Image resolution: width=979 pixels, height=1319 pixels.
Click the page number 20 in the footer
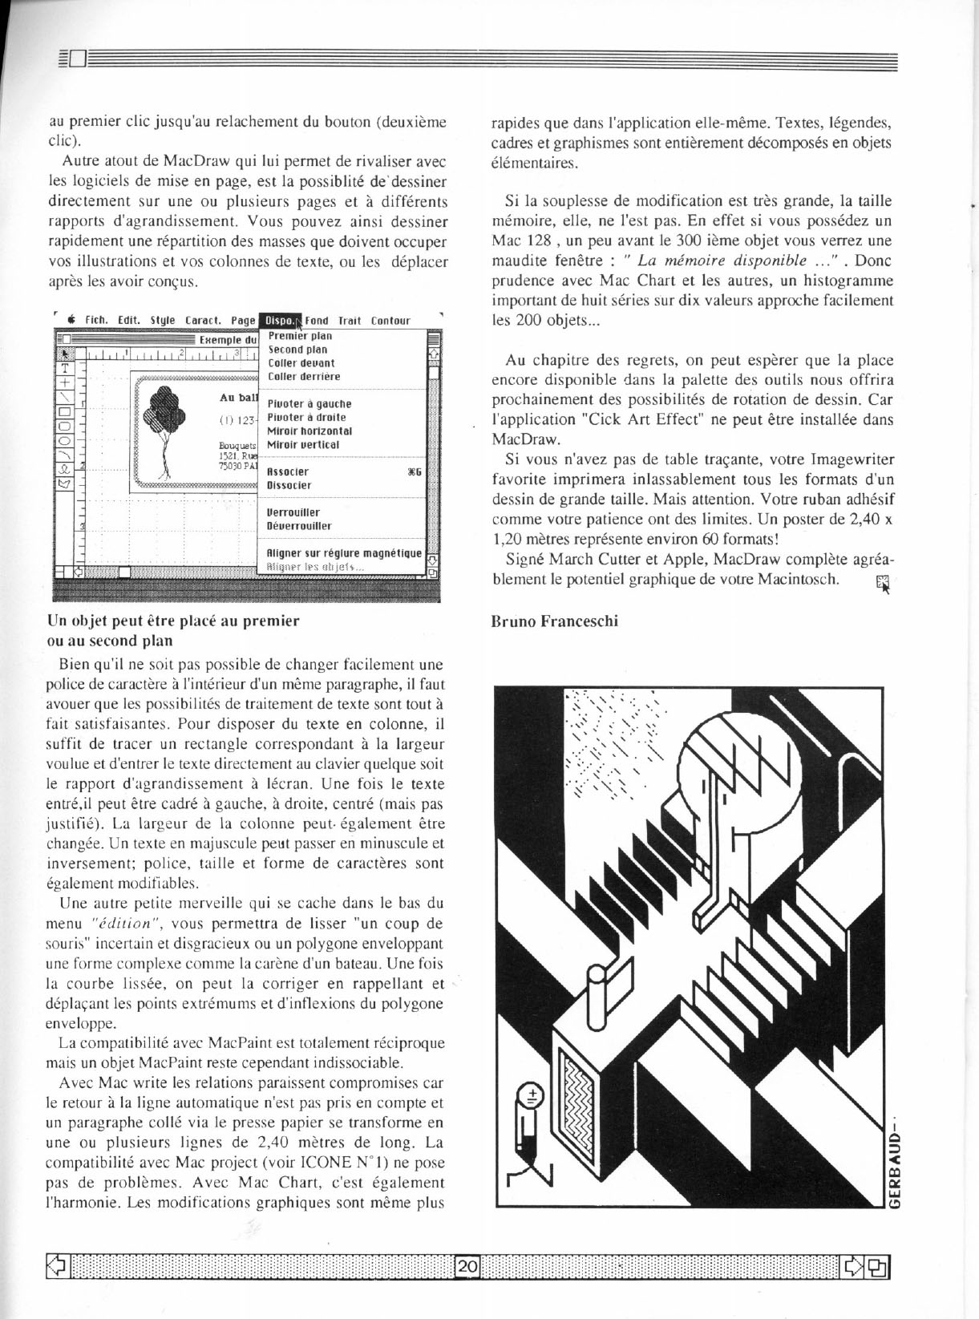point(467,1267)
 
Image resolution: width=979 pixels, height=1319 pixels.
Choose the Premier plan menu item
point(299,337)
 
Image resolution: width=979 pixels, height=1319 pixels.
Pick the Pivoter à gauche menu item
point(309,404)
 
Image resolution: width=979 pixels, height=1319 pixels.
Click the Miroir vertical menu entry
point(303,444)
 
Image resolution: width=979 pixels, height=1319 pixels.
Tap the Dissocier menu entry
point(289,485)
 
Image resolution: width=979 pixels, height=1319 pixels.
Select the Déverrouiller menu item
point(299,526)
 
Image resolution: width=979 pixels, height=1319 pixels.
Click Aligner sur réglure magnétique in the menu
point(344,553)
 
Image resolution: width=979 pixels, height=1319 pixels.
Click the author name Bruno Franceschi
point(554,621)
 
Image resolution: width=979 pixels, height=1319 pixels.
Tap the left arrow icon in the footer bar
point(57,1267)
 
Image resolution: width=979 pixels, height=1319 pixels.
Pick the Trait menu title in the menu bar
point(350,321)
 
